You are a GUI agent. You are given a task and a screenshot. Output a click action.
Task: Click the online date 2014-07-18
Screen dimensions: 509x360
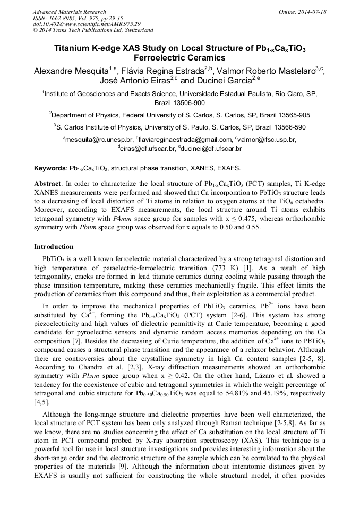pos(311,12)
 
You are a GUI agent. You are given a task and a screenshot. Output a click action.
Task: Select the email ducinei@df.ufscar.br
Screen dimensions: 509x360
pos(213,149)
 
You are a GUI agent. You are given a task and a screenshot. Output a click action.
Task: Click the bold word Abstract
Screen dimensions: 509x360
pos(48,183)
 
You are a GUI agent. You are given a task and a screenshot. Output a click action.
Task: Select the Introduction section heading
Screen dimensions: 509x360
pos(54,247)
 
